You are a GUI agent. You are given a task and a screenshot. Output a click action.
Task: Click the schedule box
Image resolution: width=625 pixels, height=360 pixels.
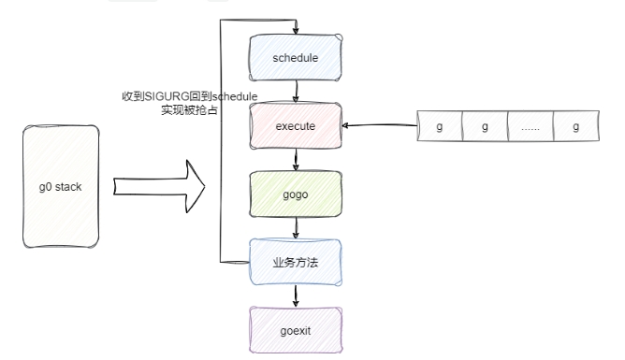tap(296, 58)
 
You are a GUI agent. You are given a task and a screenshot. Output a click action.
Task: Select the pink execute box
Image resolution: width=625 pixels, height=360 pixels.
tap(296, 123)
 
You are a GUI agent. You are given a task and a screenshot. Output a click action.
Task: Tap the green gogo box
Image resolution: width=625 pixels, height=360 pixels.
tap(296, 193)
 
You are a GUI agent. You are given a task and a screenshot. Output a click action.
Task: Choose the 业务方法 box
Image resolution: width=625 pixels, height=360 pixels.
tap(296, 262)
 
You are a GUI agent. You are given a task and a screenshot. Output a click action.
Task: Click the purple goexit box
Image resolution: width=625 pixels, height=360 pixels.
tap(296, 329)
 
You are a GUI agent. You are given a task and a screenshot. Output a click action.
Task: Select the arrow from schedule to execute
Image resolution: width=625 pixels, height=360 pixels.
tap(297, 91)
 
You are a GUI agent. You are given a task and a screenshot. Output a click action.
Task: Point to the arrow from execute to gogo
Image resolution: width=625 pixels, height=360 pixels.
tap(297, 158)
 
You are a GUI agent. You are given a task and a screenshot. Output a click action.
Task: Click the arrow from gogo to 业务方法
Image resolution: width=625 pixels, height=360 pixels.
tap(297, 227)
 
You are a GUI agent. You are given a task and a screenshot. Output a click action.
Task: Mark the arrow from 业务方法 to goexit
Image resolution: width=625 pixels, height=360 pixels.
tap(297, 295)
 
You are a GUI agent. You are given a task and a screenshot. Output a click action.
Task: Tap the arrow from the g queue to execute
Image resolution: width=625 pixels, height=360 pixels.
tap(379, 125)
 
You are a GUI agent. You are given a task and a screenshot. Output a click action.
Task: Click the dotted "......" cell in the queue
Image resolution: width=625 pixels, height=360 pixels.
tap(530, 126)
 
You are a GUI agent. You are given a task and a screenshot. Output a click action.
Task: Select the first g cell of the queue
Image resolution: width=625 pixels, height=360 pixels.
tap(440, 126)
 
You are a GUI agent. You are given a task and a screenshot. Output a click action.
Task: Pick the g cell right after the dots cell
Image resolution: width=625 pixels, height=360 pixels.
tap(575, 126)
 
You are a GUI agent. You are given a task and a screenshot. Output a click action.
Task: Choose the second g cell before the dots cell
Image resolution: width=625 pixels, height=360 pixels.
tap(485, 126)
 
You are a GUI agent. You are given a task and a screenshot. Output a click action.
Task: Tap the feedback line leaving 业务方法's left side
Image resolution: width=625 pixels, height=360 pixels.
tap(234, 261)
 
